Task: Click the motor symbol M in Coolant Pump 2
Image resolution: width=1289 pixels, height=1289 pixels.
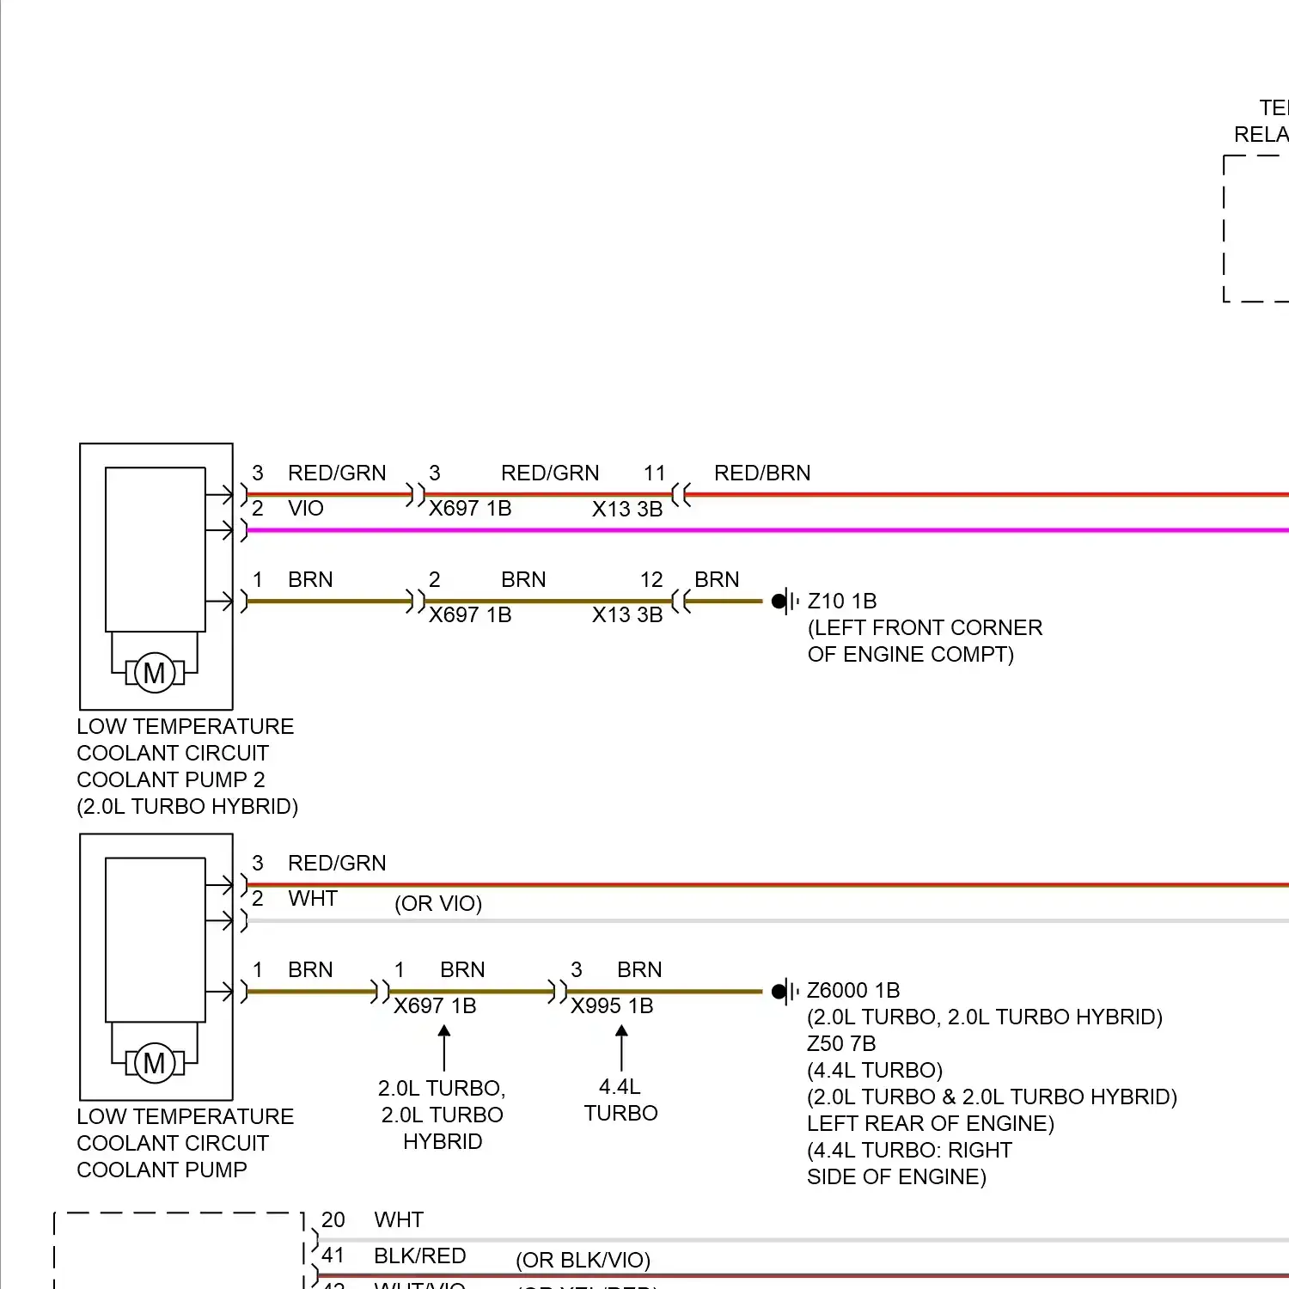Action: (x=155, y=673)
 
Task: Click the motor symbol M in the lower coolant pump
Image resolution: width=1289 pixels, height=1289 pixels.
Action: (x=155, y=1063)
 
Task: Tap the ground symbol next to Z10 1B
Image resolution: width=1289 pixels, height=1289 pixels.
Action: (x=784, y=601)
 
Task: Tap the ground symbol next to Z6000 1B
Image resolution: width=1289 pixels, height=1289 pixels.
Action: (x=784, y=992)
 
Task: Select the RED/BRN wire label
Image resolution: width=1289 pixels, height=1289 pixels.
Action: (x=762, y=473)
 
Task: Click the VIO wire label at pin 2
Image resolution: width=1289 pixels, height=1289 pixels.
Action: (x=306, y=509)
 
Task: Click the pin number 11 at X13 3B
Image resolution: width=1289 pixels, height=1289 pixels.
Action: (x=655, y=473)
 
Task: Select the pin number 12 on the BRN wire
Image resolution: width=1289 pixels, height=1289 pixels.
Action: (x=651, y=580)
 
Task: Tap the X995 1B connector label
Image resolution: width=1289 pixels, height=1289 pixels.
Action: (x=612, y=1006)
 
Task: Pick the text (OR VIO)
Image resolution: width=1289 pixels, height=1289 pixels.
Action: (x=438, y=904)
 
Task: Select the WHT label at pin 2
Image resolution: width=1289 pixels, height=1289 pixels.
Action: (x=313, y=899)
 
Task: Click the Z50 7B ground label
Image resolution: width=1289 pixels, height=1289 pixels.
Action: (x=841, y=1044)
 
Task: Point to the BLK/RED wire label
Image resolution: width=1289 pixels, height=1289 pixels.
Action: (x=420, y=1256)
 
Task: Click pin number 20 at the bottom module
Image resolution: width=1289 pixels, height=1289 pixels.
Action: (x=333, y=1220)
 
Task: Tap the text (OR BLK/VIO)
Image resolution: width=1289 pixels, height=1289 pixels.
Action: (x=583, y=1261)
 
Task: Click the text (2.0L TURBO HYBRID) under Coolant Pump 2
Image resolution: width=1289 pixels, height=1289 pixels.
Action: (x=187, y=807)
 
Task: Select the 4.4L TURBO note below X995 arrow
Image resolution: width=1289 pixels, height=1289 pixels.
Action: (x=621, y=1100)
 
